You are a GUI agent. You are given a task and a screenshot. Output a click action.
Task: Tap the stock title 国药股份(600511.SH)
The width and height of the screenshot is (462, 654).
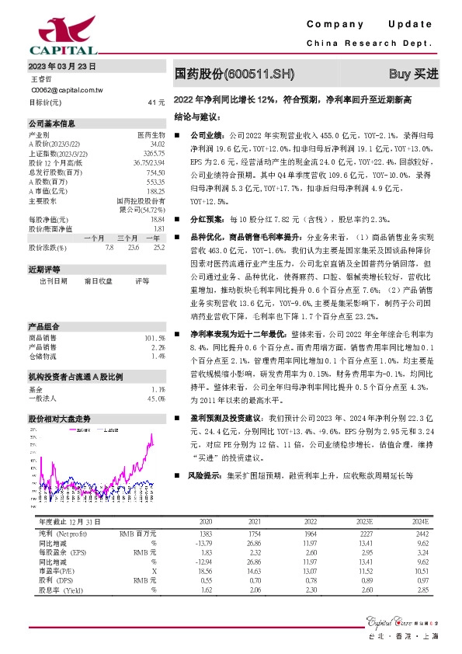pyautogui.click(x=235, y=74)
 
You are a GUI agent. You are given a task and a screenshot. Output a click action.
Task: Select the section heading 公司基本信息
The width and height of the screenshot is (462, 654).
pyautogui.click(x=52, y=123)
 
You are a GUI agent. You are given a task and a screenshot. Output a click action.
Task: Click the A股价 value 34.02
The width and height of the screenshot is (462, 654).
pyautogui.click(x=158, y=144)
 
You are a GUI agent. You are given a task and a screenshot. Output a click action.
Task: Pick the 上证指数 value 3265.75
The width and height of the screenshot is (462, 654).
pyautogui.click(x=155, y=153)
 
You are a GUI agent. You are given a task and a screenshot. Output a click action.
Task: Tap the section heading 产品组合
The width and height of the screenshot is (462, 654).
pyautogui.click(x=44, y=326)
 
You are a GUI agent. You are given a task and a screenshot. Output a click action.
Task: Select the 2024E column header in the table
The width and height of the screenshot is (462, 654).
pyautogui.click(x=419, y=521)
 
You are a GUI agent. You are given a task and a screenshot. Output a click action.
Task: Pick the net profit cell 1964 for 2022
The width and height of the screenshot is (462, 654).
pyautogui.click(x=311, y=535)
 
